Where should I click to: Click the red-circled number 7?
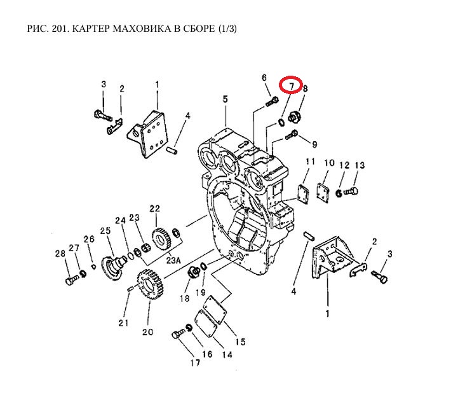point(290,85)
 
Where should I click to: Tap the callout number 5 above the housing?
point(225,99)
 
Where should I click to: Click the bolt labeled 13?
point(354,191)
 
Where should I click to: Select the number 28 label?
point(60,254)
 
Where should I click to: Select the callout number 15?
point(240,342)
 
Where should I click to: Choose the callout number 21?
point(123,322)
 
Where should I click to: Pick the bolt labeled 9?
point(293,134)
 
